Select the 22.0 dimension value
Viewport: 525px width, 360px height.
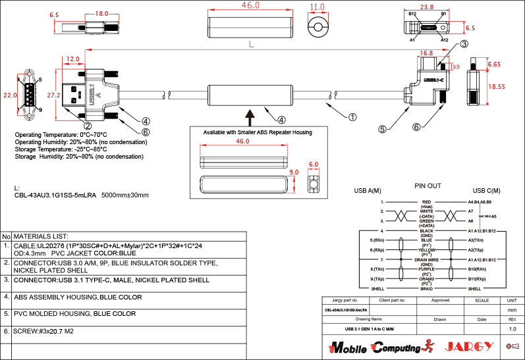point(9,95)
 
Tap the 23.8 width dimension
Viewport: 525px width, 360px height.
point(426,7)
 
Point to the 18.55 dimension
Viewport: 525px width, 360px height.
point(497,86)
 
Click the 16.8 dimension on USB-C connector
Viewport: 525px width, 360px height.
point(426,53)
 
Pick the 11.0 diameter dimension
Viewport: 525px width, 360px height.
point(318,7)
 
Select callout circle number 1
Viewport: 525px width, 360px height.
point(352,117)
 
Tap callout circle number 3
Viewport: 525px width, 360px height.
point(464,44)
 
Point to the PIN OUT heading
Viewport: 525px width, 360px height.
point(428,186)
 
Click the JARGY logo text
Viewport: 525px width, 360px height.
point(469,346)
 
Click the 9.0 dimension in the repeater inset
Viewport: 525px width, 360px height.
point(294,172)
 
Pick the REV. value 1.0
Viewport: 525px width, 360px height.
point(512,328)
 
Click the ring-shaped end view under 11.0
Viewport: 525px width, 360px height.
point(318,27)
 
